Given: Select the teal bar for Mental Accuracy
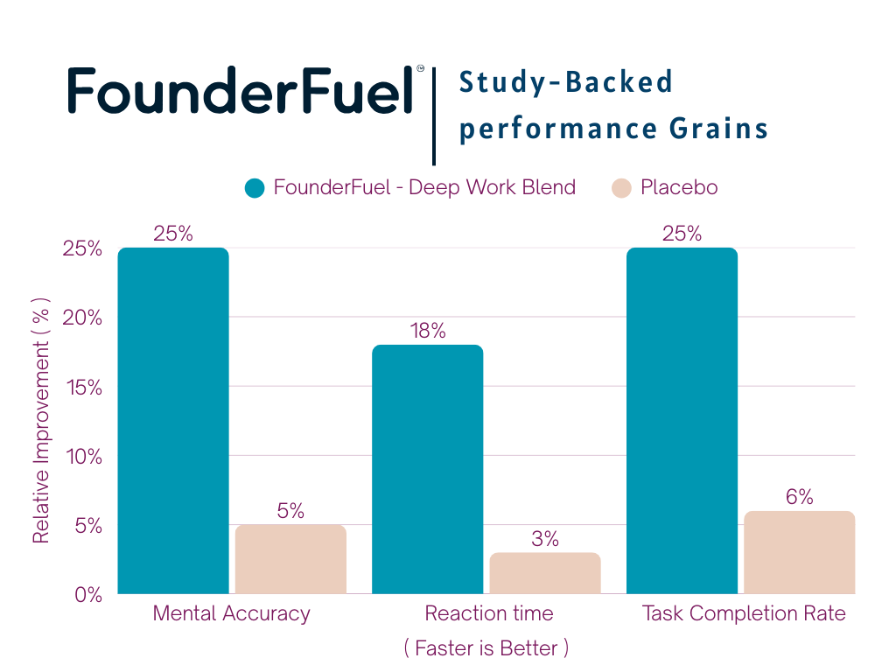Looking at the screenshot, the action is click(173, 421).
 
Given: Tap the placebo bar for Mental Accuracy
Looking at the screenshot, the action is click(290, 559).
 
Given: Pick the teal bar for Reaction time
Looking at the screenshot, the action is click(427, 469).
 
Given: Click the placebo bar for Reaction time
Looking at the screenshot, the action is click(545, 573).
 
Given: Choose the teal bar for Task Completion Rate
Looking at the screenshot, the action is click(682, 421).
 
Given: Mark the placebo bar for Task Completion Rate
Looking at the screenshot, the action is click(800, 552).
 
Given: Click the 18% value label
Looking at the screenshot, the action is click(427, 331).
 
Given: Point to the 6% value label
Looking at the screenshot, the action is click(800, 497).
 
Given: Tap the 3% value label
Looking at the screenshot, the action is click(545, 539).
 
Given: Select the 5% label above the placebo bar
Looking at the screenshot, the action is click(290, 511).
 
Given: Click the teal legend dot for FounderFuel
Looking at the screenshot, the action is click(255, 188).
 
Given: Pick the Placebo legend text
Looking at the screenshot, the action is click(679, 187).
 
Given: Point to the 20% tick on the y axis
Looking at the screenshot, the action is click(82, 318).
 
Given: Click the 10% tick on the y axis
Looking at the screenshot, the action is click(84, 457).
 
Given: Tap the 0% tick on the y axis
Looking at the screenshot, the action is click(88, 595).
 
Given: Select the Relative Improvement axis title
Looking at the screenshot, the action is click(41, 421).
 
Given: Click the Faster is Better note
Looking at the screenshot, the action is click(486, 648).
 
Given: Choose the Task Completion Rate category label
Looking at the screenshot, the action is click(744, 613).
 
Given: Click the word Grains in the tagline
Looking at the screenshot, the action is click(719, 128).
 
